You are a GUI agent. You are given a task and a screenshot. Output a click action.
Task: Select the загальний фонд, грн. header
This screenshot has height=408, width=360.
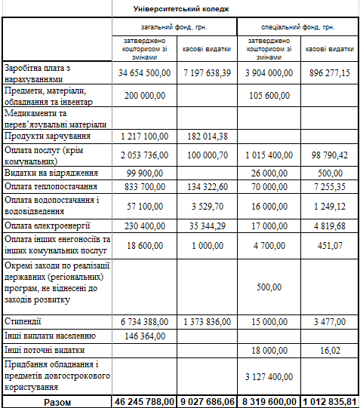click(174, 26)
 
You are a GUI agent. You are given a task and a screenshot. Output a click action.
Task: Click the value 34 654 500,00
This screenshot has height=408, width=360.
click(144, 73)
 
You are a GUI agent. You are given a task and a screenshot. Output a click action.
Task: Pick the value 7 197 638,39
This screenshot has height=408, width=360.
click(206, 73)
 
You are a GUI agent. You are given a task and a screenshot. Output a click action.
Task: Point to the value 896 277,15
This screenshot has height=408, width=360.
click(330, 73)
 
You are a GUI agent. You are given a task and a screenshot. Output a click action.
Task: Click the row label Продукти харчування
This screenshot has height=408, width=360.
click(48, 136)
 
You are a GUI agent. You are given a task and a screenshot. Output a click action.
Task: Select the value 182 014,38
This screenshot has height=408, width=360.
click(206, 136)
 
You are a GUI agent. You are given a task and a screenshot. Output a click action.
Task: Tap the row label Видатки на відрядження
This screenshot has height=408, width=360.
click(51, 173)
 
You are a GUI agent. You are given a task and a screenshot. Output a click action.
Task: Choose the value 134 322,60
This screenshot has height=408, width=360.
click(206, 186)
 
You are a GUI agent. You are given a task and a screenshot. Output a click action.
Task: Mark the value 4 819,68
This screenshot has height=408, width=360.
click(330, 225)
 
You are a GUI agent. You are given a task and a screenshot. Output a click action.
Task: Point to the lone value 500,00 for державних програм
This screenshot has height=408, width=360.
click(269, 287)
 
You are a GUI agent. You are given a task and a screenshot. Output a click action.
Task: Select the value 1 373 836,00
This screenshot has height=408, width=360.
click(206, 322)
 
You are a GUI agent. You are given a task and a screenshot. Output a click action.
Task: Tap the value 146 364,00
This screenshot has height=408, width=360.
click(144, 336)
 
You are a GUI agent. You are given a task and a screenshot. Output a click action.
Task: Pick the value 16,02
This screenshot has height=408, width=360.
click(330, 350)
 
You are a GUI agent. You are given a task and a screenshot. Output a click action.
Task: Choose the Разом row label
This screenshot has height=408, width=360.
click(57, 401)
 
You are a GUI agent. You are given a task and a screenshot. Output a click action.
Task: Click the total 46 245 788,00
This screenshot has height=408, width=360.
click(144, 401)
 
